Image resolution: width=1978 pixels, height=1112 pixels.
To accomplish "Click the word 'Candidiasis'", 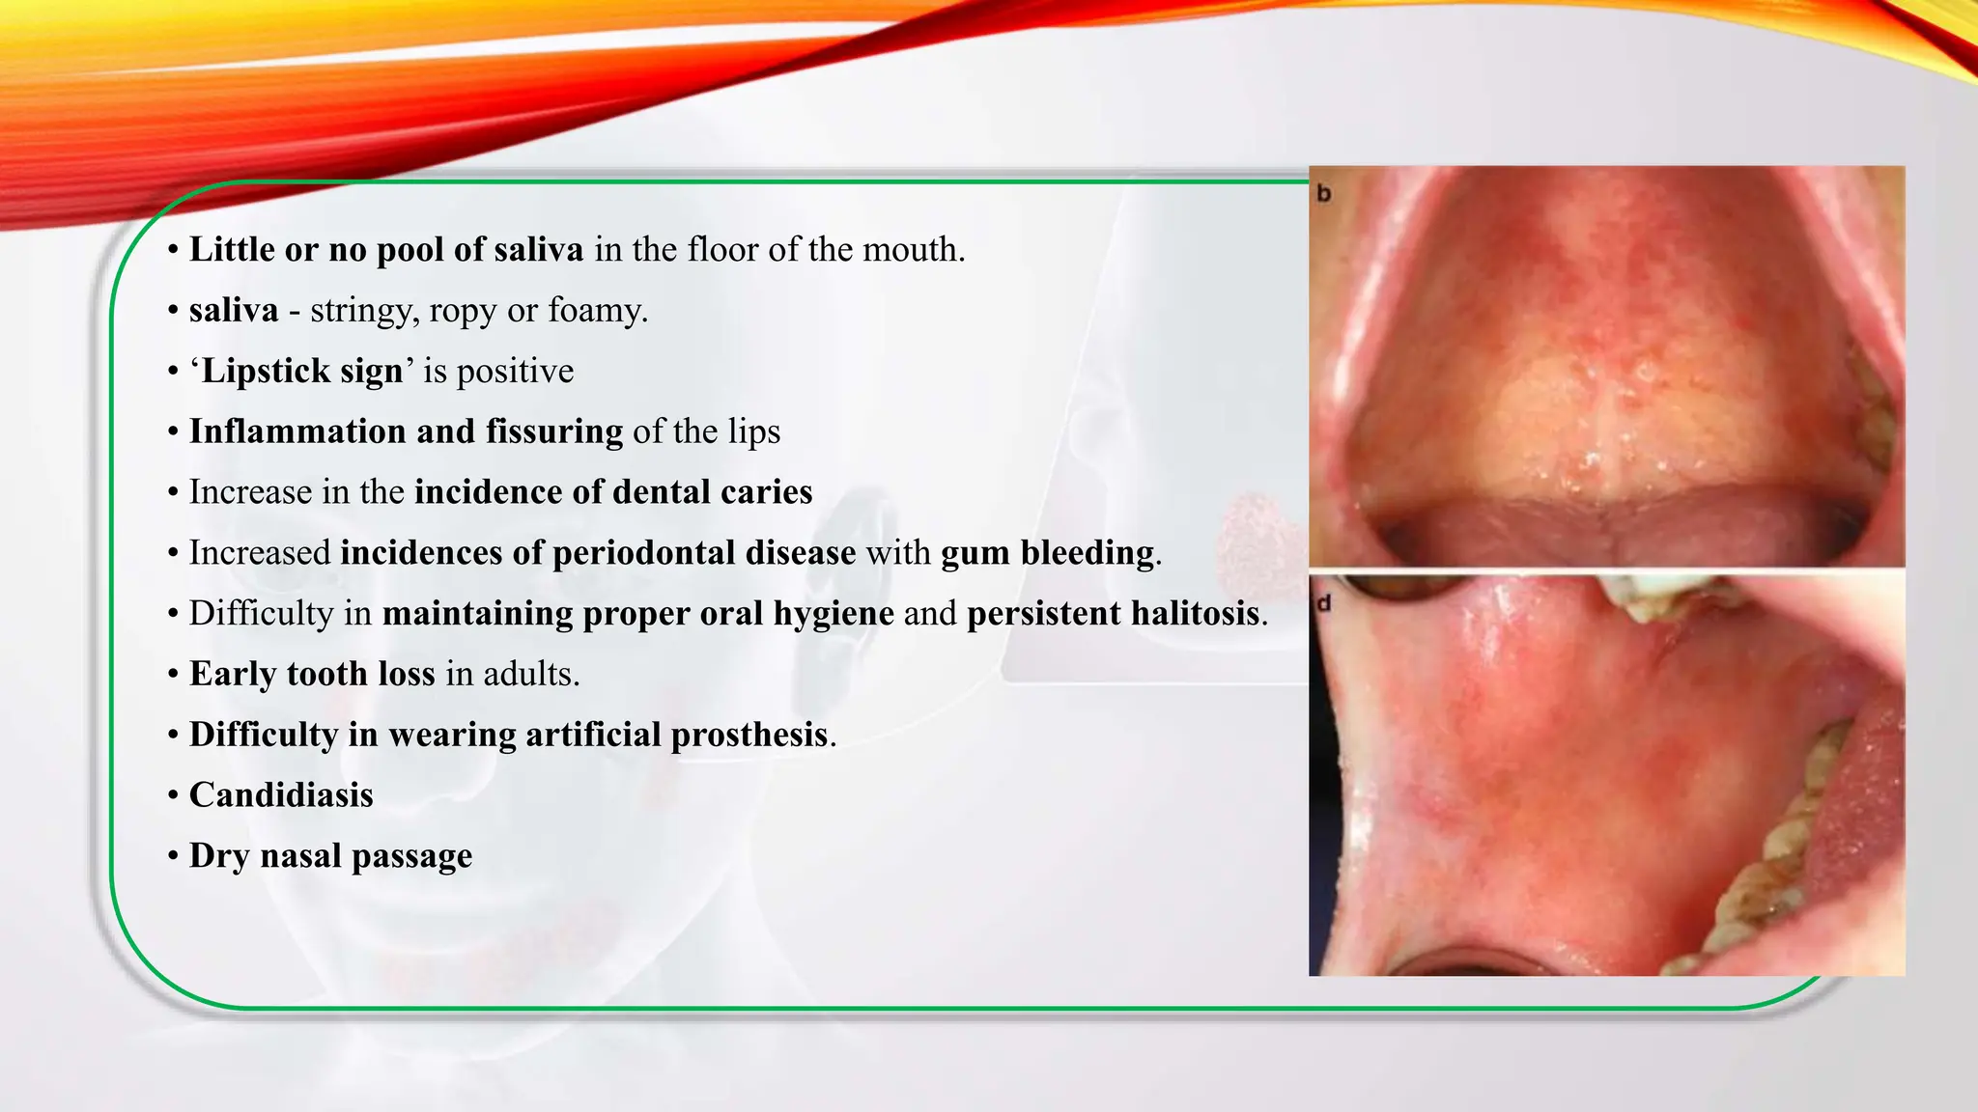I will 281,795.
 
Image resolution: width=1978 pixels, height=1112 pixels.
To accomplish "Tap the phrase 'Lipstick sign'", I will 301,372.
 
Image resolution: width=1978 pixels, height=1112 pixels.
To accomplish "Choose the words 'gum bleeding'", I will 1048,553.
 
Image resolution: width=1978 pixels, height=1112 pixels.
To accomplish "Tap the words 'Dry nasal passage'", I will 330,856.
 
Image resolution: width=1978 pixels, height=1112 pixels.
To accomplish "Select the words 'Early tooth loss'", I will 312,674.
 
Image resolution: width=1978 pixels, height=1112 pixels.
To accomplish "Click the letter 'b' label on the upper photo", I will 1324,194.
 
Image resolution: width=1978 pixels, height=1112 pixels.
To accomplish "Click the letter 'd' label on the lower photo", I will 1324,603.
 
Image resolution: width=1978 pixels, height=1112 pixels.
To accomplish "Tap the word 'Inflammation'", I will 297,431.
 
